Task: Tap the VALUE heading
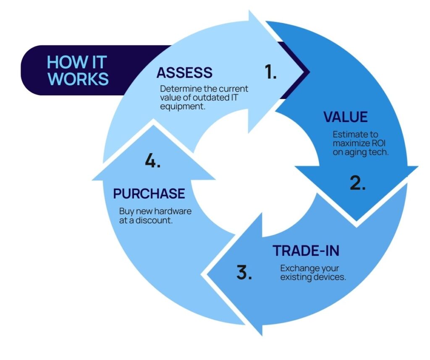(345, 117)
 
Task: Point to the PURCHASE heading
(149, 193)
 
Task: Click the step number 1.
(271, 73)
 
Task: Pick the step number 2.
(358, 183)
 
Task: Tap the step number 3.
(244, 272)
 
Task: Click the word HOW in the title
(63, 63)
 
